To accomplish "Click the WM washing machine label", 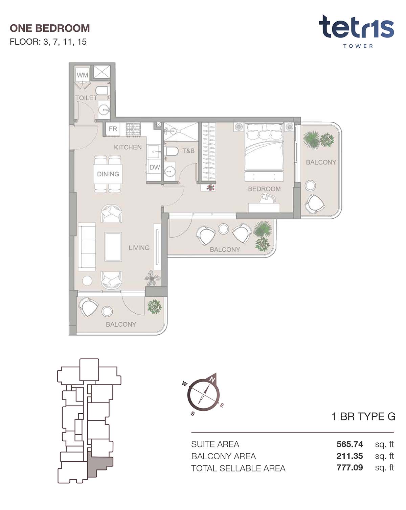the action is pyautogui.click(x=82, y=75).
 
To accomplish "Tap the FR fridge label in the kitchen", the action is pyautogui.click(x=113, y=129).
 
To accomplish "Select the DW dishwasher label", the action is pyautogui.click(x=155, y=167).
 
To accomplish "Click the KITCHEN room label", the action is pyautogui.click(x=128, y=147).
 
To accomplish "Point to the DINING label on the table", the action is pyautogui.click(x=108, y=174).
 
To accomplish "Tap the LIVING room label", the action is pyautogui.click(x=139, y=248).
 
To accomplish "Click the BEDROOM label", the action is pyautogui.click(x=264, y=189).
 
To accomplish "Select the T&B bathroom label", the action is pyautogui.click(x=188, y=151).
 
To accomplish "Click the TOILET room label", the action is pyautogui.click(x=86, y=98).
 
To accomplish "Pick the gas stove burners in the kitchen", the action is pyautogui.click(x=133, y=130).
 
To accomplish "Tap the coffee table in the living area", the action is pyautogui.click(x=113, y=246).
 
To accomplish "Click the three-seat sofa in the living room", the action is pyautogui.click(x=87, y=246).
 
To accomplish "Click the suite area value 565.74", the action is pyautogui.click(x=349, y=444).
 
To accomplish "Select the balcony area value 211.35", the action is pyautogui.click(x=349, y=456).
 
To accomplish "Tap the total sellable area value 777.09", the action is pyautogui.click(x=349, y=467).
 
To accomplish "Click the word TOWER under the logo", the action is pyautogui.click(x=358, y=46).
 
